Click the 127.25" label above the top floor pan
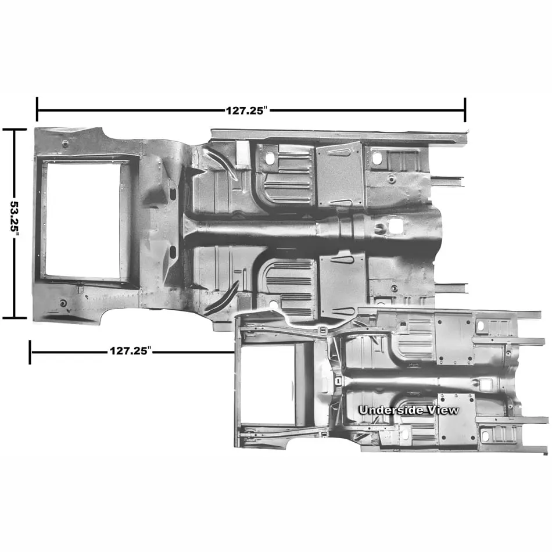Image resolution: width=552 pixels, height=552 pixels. click(247, 110)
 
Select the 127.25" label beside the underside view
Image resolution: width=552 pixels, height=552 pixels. click(131, 350)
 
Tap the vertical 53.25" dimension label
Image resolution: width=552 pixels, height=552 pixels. click(15, 219)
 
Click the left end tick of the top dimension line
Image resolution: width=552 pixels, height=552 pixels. click(37, 109)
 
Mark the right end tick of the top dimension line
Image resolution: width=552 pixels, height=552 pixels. click(465, 109)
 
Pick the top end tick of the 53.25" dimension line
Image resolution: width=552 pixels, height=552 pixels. click(15, 130)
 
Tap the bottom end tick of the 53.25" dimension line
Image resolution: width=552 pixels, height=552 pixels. click(15, 317)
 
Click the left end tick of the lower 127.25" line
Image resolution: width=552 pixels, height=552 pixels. click(30, 352)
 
